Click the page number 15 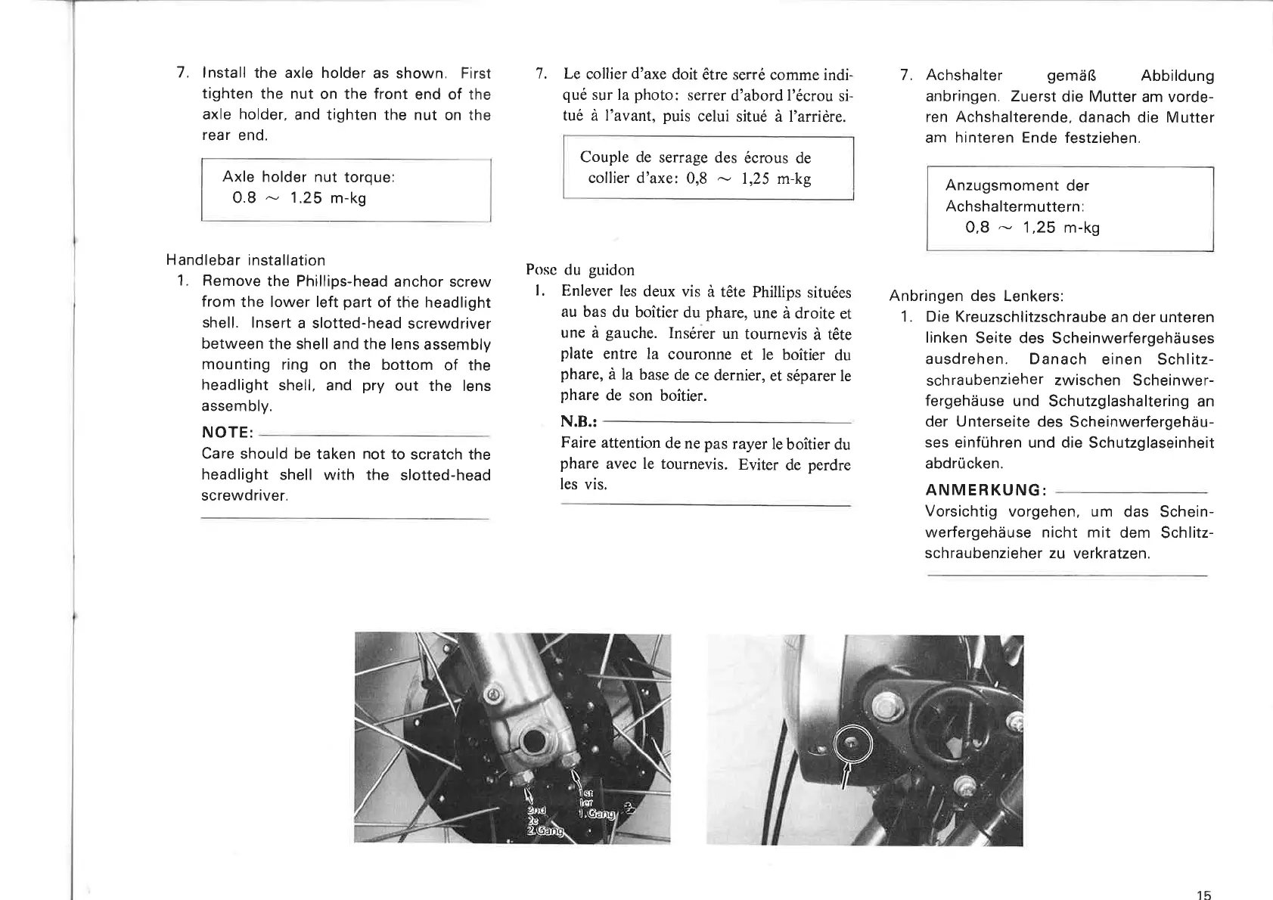coord(1203,895)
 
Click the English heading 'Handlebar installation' coord(246,260)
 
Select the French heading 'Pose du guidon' coord(580,270)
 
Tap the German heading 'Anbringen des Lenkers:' coord(976,296)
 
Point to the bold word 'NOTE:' coord(227,433)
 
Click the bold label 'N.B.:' coord(579,421)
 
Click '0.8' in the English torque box coord(244,198)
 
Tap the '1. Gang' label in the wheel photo coord(598,814)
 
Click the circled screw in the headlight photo coord(852,744)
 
